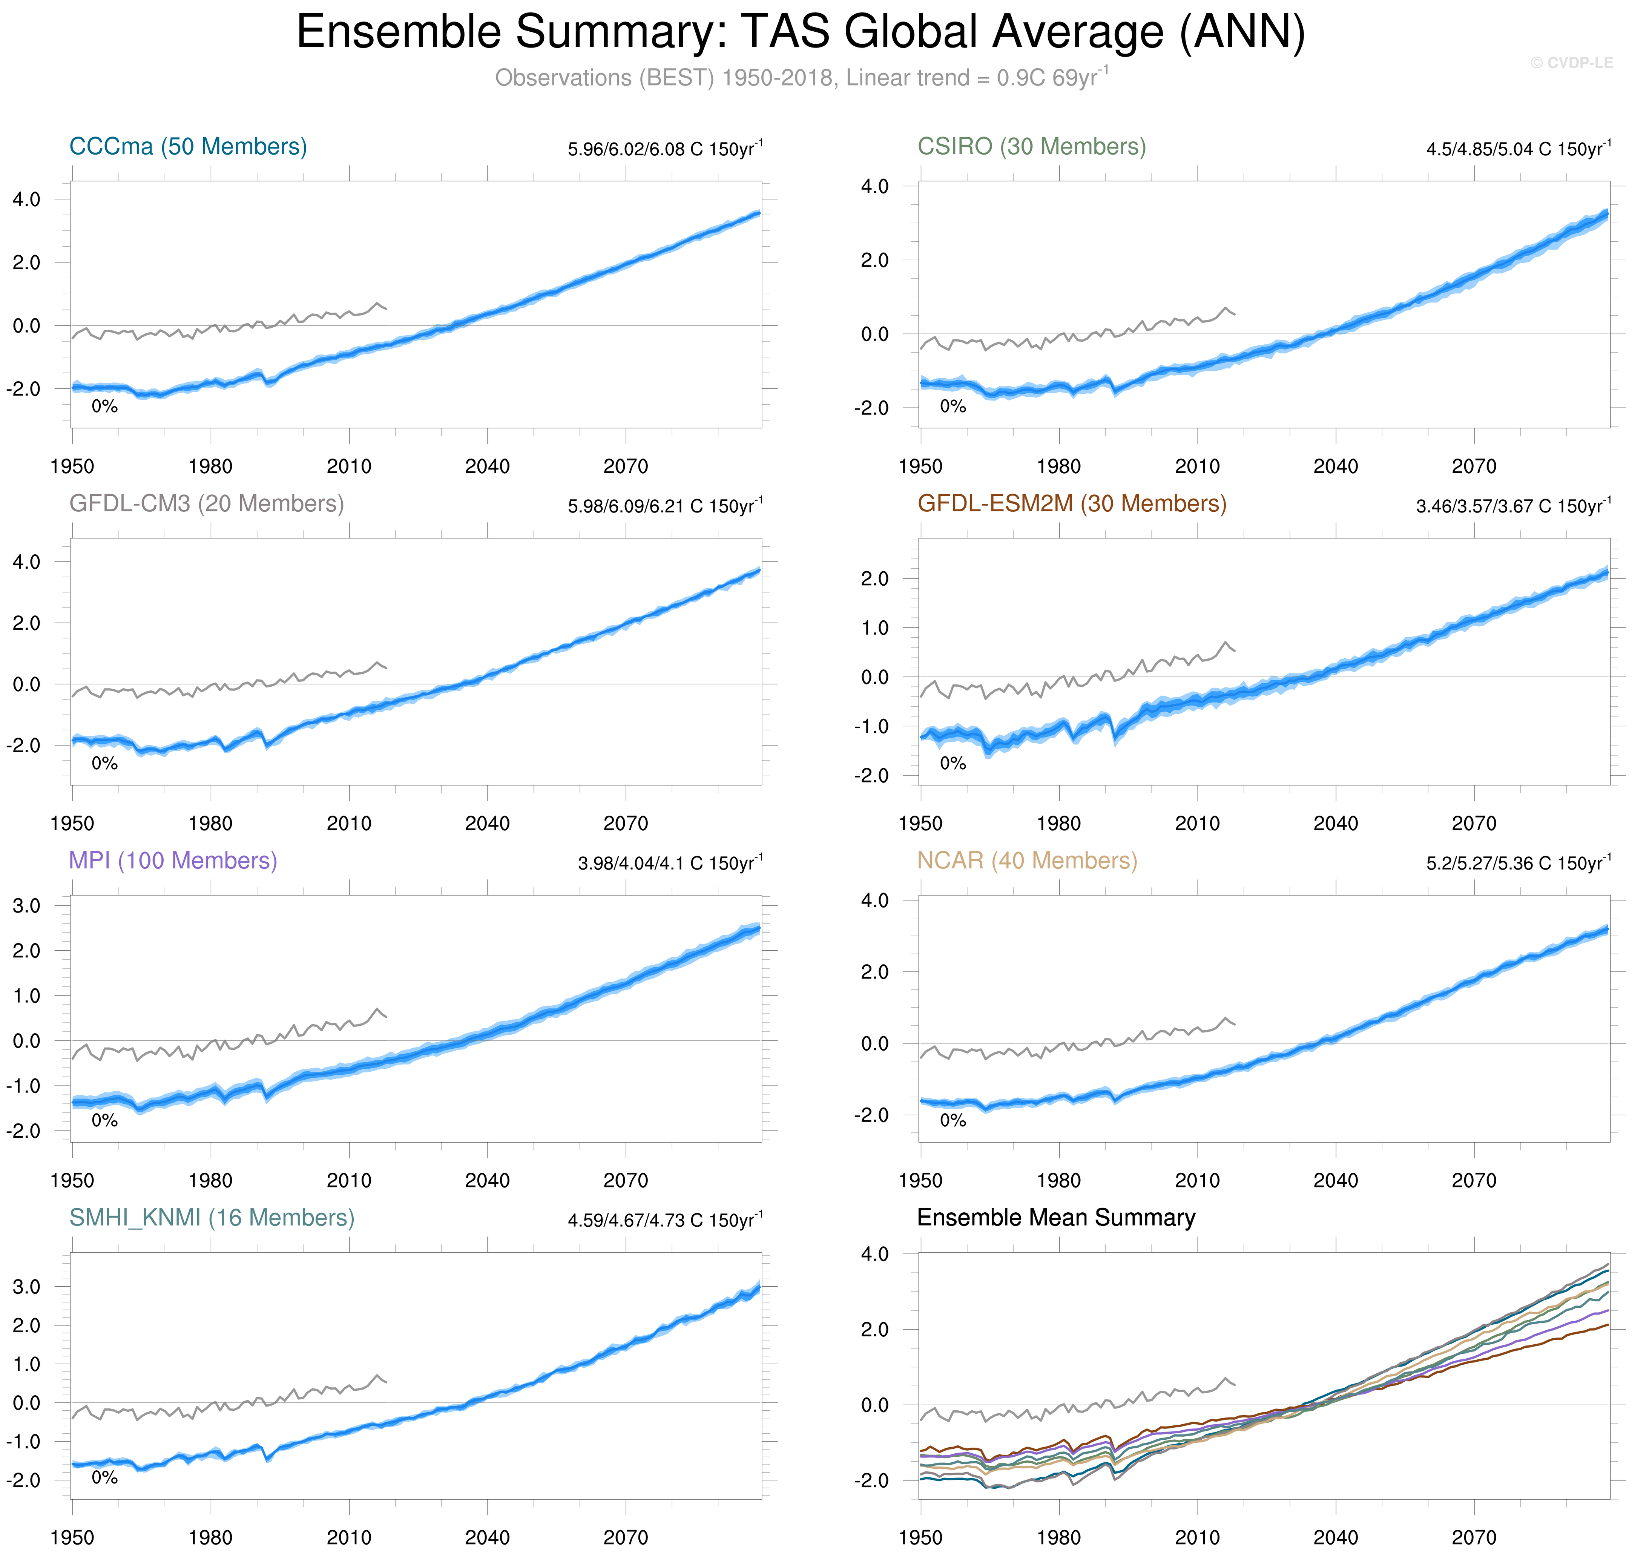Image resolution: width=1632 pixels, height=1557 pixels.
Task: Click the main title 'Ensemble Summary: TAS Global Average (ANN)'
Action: pyautogui.click(x=800, y=33)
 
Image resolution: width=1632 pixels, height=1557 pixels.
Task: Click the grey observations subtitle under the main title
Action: pyautogui.click(x=800, y=78)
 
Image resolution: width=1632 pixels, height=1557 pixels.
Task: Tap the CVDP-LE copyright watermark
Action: pyautogui.click(x=1571, y=63)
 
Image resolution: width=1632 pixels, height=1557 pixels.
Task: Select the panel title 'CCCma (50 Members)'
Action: pyautogui.click(x=188, y=147)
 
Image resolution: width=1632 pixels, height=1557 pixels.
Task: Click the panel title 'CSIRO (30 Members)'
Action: pyautogui.click(x=1031, y=147)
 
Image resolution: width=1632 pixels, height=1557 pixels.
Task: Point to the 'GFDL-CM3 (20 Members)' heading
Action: pyautogui.click(x=206, y=504)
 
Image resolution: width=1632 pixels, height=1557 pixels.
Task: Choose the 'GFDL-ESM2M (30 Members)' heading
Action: pyautogui.click(x=1071, y=504)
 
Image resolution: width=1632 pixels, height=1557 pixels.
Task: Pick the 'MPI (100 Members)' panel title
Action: pyautogui.click(x=173, y=861)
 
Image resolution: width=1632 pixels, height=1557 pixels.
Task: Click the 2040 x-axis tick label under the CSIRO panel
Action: pyautogui.click(x=1335, y=466)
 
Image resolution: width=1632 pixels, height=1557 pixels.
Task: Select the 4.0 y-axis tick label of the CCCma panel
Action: pyautogui.click(x=26, y=199)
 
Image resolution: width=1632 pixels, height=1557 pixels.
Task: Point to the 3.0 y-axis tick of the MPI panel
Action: pyautogui.click(x=26, y=905)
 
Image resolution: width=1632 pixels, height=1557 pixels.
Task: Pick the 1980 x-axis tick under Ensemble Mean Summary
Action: pyautogui.click(x=1058, y=1537)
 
